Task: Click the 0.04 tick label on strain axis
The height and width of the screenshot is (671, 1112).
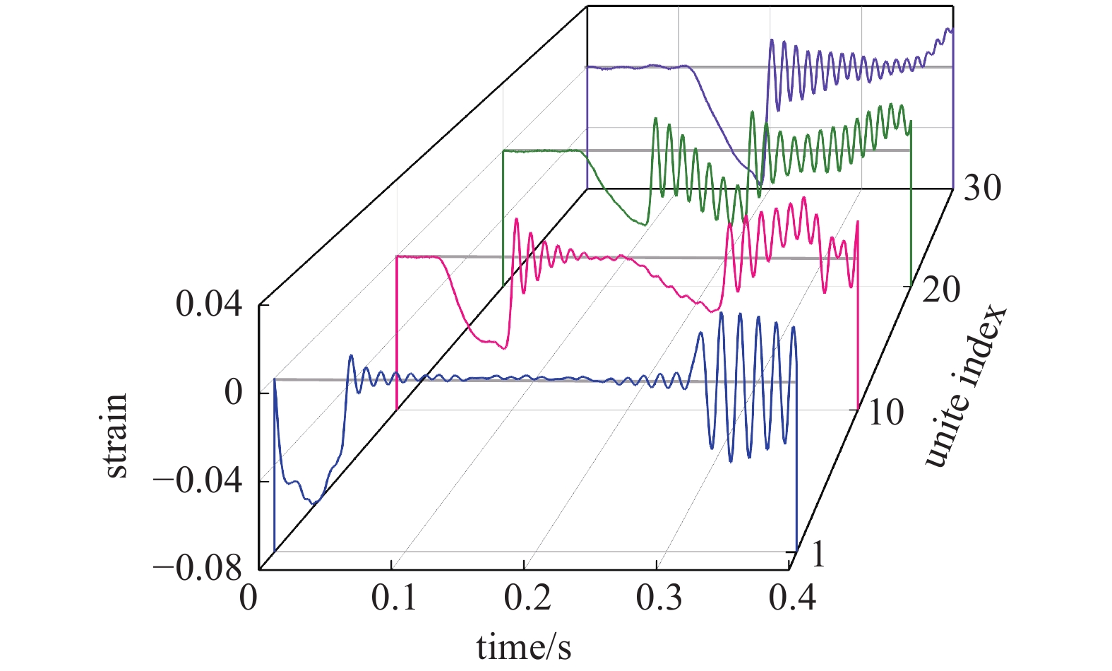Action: click(x=209, y=305)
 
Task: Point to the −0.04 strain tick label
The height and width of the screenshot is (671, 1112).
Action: click(x=198, y=482)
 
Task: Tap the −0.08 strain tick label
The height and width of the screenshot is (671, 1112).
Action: click(x=198, y=569)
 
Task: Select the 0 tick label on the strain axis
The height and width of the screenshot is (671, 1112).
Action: click(x=233, y=393)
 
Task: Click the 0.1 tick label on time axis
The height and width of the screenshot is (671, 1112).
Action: click(x=394, y=599)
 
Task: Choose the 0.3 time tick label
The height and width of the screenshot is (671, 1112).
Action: click(x=659, y=599)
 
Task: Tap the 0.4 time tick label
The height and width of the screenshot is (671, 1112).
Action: click(x=792, y=599)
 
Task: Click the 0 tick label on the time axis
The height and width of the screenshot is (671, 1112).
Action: click(x=249, y=599)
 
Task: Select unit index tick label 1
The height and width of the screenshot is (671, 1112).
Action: click(x=818, y=555)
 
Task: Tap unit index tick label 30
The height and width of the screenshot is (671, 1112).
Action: click(x=981, y=188)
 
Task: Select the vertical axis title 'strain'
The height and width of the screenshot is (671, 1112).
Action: click(x=116, y=437)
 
